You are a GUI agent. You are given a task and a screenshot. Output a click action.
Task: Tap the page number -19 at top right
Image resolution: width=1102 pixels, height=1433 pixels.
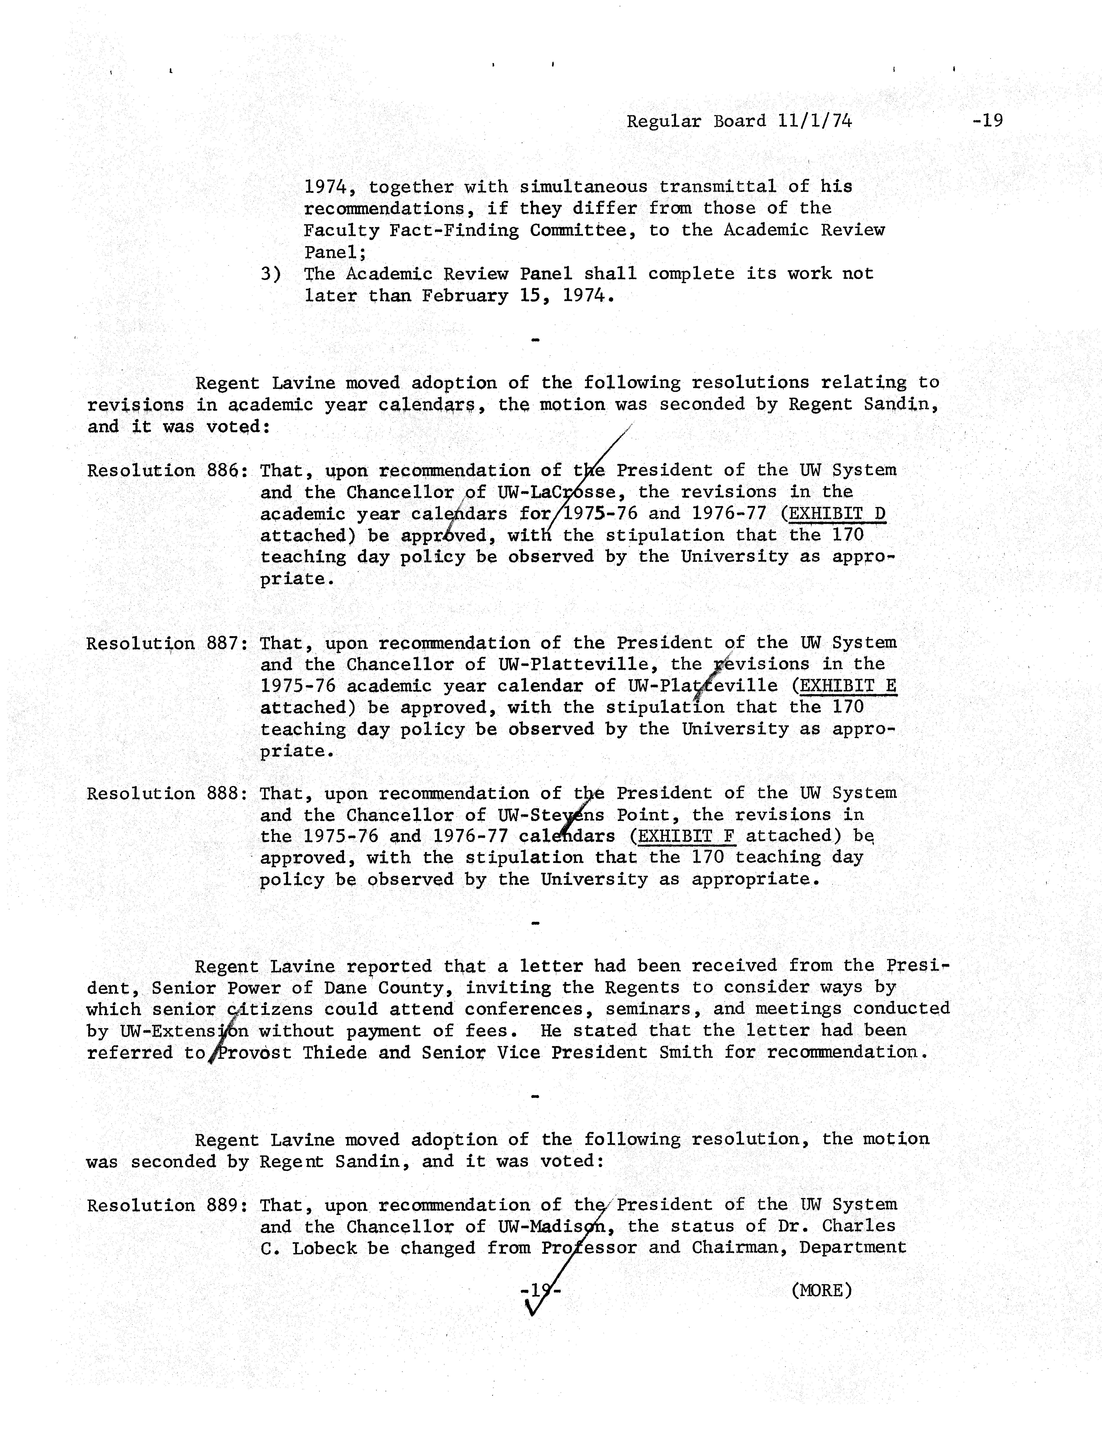pyautogui.click(x=988, y=121)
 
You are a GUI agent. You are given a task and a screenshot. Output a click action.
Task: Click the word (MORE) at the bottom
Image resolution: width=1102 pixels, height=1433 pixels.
pyautogui.click(x=821, y=1291)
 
